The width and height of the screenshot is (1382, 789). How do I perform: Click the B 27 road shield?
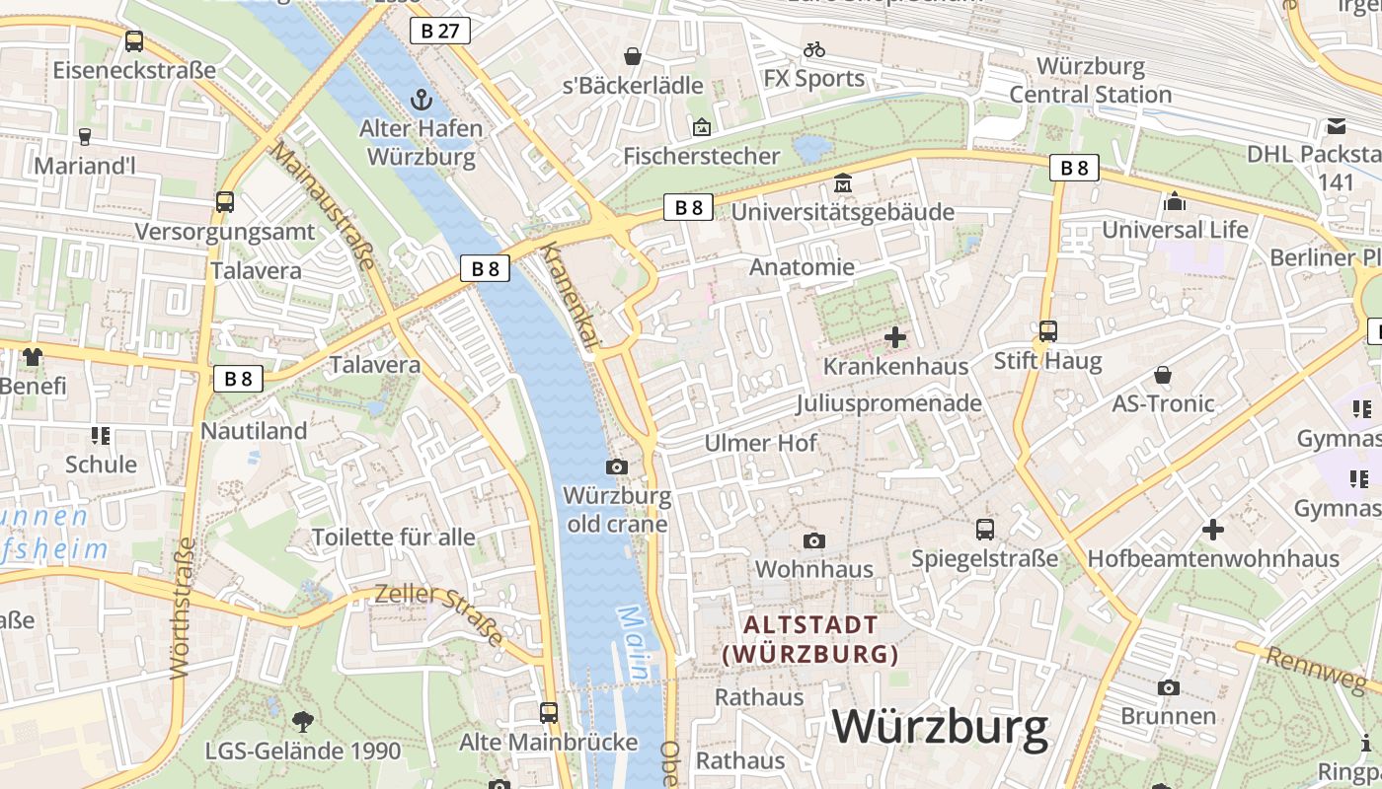[440, 31]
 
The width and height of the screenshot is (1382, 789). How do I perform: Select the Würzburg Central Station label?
[1090, 81]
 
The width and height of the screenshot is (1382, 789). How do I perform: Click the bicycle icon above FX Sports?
[814, 48]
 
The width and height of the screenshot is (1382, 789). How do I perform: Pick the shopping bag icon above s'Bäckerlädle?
[633, 56]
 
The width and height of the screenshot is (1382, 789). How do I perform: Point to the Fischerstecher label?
[701, 156]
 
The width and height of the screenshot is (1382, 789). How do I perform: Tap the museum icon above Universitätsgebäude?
[843, 183]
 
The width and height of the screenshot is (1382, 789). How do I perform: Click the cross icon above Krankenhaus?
[895, 337]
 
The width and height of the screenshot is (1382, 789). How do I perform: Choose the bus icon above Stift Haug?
[1048, 331]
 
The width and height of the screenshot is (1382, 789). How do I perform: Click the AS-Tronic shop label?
[1163, 403]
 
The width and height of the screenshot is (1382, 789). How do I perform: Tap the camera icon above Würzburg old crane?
[617, 466]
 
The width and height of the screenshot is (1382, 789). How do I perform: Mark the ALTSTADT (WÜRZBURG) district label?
[810, 639]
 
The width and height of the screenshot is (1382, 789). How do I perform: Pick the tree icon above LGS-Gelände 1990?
[303, 722]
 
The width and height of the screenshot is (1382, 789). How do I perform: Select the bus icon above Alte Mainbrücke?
[549, 712]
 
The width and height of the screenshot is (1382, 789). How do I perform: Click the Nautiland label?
[254, 431]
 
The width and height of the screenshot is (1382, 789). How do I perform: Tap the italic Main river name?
[634, 643]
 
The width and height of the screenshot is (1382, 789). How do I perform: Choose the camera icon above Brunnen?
[1169, 687]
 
